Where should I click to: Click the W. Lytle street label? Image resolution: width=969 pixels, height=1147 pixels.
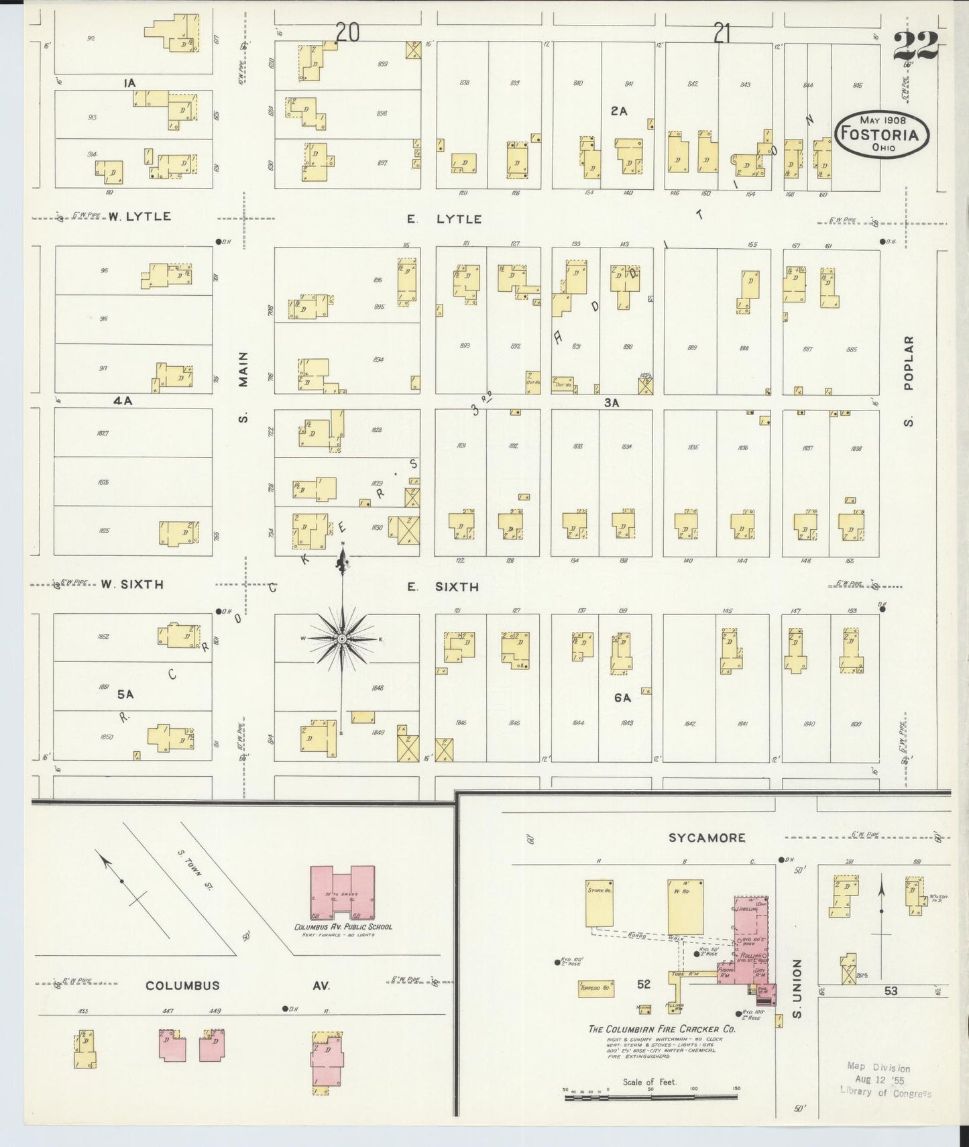click(139, 216)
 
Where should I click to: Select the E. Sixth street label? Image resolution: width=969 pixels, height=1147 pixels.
click(443, 587)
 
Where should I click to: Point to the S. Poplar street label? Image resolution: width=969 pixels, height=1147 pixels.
click(909, 381)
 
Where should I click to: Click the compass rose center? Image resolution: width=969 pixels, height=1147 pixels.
click(342, 639)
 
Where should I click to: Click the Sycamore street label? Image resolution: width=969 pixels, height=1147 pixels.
click(706, 837)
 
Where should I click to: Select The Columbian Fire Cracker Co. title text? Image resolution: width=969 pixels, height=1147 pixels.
click(661, 1029)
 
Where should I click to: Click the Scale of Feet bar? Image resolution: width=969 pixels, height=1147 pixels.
click(650, 1097)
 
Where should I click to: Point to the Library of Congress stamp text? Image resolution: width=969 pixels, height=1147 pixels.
click(885, 1080)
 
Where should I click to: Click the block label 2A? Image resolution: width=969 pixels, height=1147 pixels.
click(618, 111)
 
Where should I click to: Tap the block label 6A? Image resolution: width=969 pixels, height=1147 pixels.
click(622, 698)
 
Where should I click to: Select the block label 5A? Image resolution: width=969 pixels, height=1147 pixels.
click(125, 694)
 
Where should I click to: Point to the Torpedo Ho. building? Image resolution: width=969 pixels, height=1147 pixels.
click(597, 989)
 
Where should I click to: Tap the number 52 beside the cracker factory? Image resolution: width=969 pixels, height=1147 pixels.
click(644, 984)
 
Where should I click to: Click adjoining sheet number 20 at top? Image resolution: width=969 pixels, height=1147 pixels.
click(347, 32)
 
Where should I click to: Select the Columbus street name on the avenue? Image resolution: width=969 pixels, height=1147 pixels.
click(182, 985)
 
